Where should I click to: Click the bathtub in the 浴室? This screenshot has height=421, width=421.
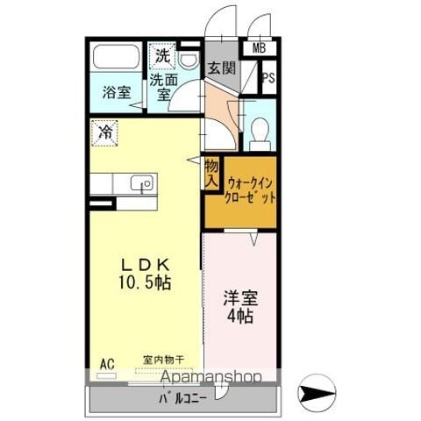point(116,57)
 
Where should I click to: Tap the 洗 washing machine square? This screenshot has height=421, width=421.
point(162,56)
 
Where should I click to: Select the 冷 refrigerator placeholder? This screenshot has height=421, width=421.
point(104,133)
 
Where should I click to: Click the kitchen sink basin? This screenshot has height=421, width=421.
point(141,183)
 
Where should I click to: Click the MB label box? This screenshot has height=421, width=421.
point(259,48)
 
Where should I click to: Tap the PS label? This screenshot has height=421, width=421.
point(268,78)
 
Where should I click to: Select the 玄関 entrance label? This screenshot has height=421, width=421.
point(222,68)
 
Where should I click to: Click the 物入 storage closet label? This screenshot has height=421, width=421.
point(211,175)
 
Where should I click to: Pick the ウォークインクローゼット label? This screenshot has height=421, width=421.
point(249,191)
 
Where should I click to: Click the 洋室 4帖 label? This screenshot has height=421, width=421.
point(240,307)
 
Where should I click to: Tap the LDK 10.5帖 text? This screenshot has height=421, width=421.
point(145,274)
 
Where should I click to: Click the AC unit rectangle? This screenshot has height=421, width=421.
point(106,376)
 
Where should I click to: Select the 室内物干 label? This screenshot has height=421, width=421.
point(163,360)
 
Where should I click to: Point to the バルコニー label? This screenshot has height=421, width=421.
point(183,398)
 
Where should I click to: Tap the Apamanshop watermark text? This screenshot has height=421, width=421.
point(211,376)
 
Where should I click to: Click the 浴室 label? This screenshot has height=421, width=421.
point(117,92)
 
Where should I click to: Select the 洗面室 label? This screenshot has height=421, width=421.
point(163,87)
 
